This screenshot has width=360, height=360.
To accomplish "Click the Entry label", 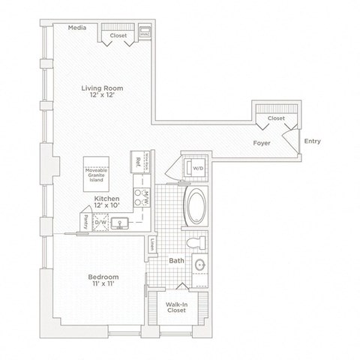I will click(312, 140).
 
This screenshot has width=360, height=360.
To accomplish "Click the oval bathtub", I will click(199, 206).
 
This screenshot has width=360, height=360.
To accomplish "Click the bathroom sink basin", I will click(200, 265).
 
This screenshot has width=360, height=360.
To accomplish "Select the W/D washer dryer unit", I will click(198, 169).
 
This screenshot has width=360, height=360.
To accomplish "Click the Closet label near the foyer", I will click(275, 118).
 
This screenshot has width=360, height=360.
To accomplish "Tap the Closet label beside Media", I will click(118, 34).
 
